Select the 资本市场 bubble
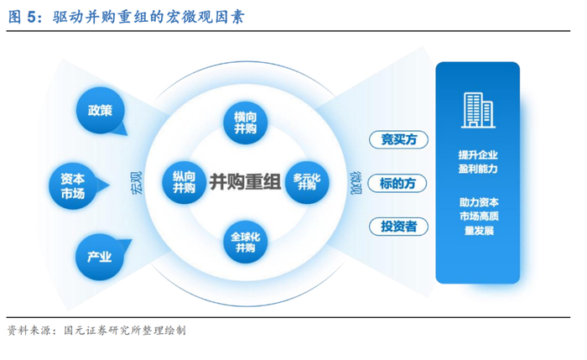73,185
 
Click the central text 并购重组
245,182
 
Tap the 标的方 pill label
398,183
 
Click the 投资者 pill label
398,227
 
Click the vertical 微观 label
356,182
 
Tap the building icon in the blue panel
477,108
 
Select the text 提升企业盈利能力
477,161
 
